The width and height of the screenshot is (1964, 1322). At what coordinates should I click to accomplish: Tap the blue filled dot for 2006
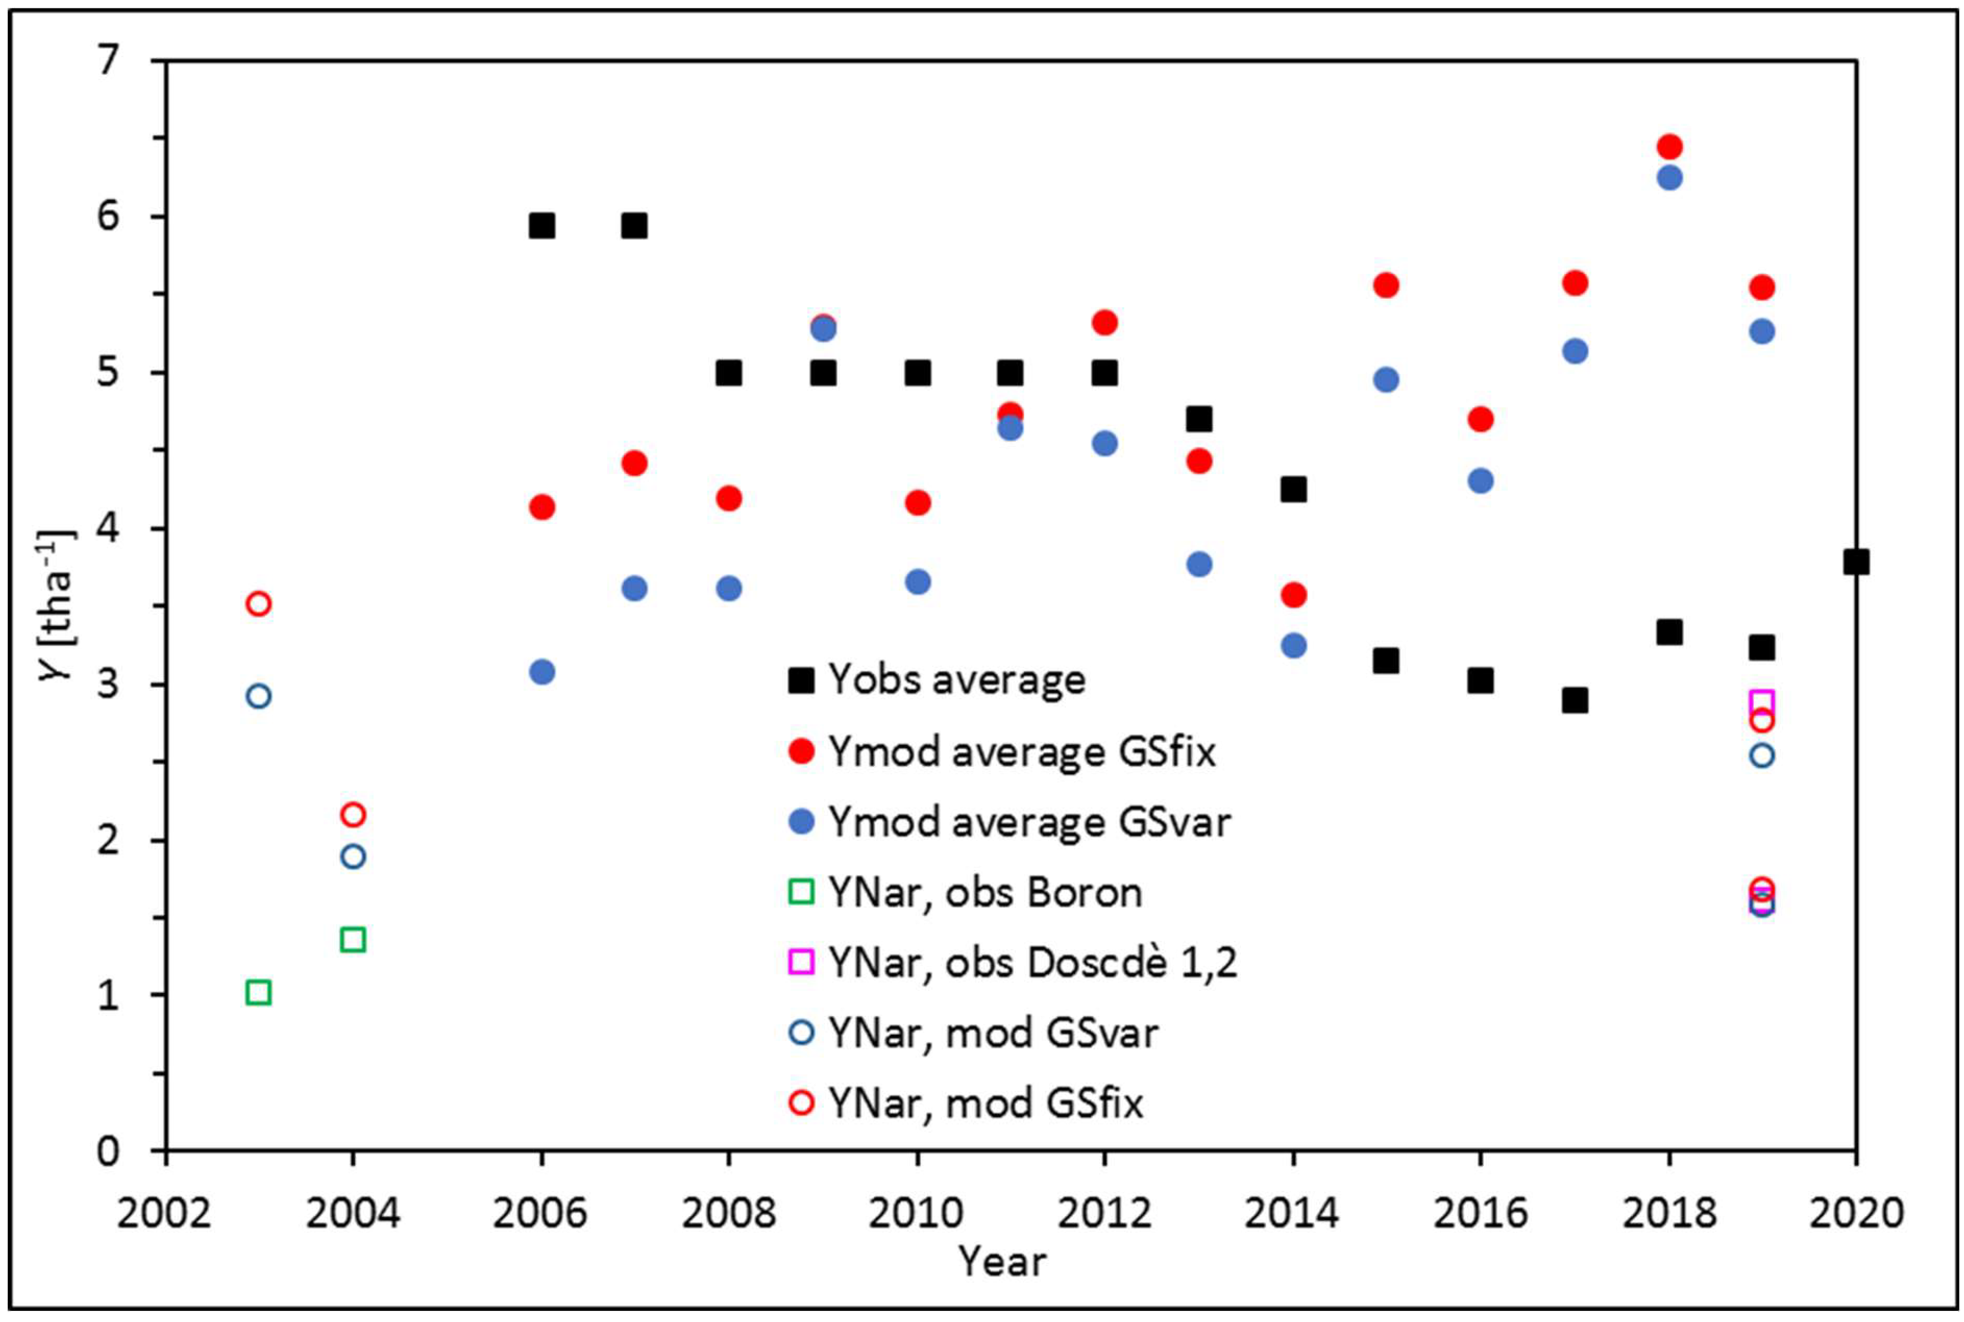pyautogui.click(x=542, y=672)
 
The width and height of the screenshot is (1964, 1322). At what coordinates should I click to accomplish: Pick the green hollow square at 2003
pyautogui.click(x=259, y=993)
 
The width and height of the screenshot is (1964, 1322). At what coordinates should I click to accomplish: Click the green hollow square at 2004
pyautogui.click(x=353, y=939)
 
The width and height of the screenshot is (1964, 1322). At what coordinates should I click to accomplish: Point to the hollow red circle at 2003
pyautogui.click(x=259, y=604)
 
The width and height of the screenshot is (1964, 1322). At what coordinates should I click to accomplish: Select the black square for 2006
pyautogui.click(x=542, y=226)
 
